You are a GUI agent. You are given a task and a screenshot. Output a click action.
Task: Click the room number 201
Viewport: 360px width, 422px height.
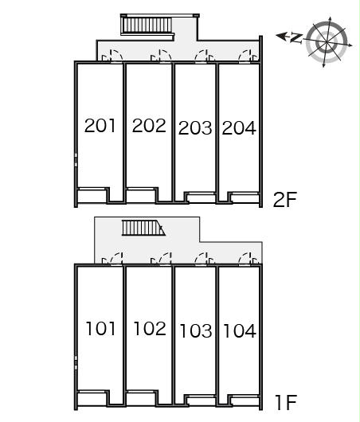point(100,126)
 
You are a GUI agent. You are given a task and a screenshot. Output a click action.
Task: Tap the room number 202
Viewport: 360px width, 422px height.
point(149,126)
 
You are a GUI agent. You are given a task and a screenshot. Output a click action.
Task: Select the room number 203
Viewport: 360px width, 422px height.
point(195,128)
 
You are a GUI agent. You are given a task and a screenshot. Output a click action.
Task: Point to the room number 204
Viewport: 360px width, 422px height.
point(239,128)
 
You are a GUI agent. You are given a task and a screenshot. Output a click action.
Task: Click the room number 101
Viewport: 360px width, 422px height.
point(100,328)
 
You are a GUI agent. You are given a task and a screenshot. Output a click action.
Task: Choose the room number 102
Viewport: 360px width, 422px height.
point(150,328)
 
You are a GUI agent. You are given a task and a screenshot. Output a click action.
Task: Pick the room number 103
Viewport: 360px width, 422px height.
point(196,330)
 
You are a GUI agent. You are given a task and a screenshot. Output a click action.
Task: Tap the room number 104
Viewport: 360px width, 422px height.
point(240,330)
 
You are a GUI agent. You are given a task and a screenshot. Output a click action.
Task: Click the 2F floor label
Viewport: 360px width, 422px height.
point(285,200)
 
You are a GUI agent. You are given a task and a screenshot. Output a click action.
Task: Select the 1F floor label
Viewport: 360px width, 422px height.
point(286,402)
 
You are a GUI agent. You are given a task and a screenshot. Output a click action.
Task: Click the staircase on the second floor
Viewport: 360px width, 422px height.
point(147,25)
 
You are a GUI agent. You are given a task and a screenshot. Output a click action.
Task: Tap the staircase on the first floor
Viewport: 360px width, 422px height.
point(143,228)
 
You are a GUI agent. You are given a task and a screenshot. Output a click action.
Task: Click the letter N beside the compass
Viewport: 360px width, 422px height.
point(296,38)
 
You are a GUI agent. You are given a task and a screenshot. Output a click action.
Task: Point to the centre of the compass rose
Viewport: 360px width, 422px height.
point(327,42)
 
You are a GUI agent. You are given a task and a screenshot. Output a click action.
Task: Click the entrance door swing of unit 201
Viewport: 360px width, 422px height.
point(112,56)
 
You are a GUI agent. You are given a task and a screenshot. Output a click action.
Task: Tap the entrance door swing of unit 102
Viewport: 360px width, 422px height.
point(161,259)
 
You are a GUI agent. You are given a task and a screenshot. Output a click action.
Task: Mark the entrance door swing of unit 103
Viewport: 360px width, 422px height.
point(205,259)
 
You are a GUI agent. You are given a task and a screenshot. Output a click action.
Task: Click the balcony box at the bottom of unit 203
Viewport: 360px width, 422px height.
point(202,197)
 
